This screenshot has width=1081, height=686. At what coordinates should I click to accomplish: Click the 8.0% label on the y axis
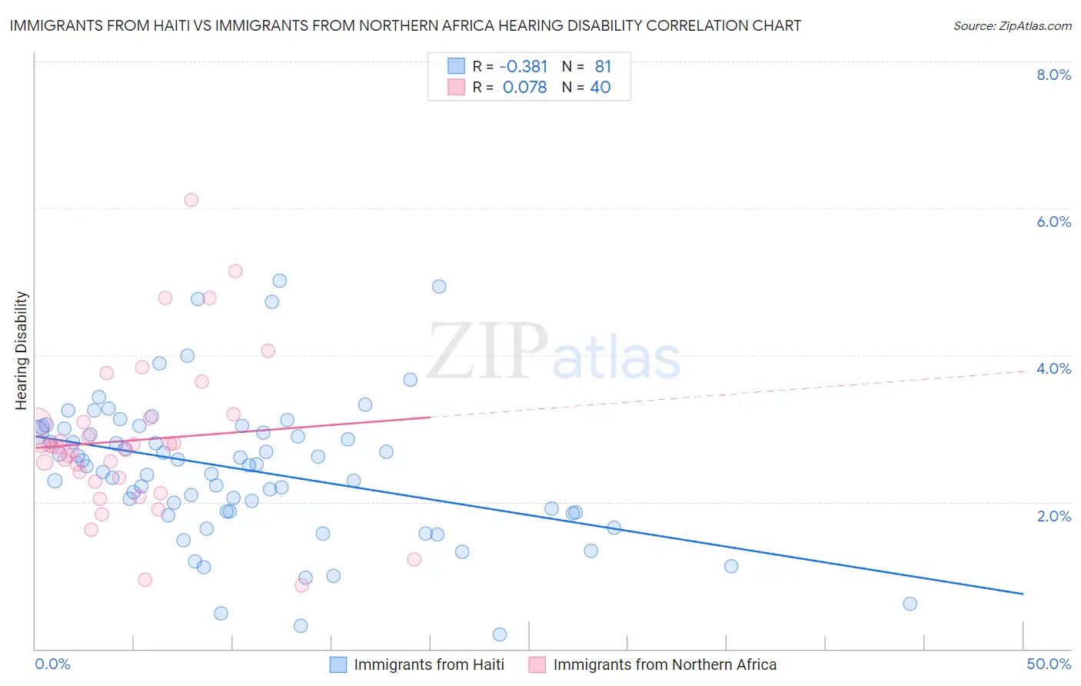click(x=1053, y=75)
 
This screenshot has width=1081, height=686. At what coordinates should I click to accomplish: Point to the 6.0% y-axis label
click(x=1053, y=221)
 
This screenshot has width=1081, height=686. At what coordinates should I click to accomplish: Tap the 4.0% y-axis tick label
click(x=1053, y=368)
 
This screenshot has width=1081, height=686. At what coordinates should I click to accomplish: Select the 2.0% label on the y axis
click(x=1053, y=516)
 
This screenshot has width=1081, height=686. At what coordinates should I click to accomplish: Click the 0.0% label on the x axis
click(x=52, y=664)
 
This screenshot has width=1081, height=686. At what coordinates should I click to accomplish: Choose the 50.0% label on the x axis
click(x=1049, y=664)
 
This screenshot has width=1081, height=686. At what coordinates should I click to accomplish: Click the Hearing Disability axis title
click(x=21, y=350)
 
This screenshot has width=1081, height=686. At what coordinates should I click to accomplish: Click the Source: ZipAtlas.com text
click(x=1012, y=25)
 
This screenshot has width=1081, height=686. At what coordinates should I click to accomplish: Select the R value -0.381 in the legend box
click(x=524, y=67)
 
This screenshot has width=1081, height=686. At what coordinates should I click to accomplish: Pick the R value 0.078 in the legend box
click(x=525, y=88)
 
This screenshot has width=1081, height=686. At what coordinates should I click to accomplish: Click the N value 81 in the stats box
click(x=603, y=67)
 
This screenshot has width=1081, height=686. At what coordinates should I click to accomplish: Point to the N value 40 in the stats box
click(x=600, y=88)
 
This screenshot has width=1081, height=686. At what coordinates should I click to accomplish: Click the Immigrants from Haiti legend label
click(x=429, y=664)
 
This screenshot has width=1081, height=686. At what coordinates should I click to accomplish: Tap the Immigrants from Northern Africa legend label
click(x=664, y=664)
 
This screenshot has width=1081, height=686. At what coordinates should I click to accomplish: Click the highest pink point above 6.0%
click(x=191, y=200)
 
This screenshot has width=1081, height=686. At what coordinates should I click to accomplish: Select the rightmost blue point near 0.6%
click(x=910, y=604)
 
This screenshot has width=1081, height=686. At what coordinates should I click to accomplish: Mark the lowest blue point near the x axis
click(x=500, y=634)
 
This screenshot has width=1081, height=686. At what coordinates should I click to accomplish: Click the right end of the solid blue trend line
click(x=1023, y=594)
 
